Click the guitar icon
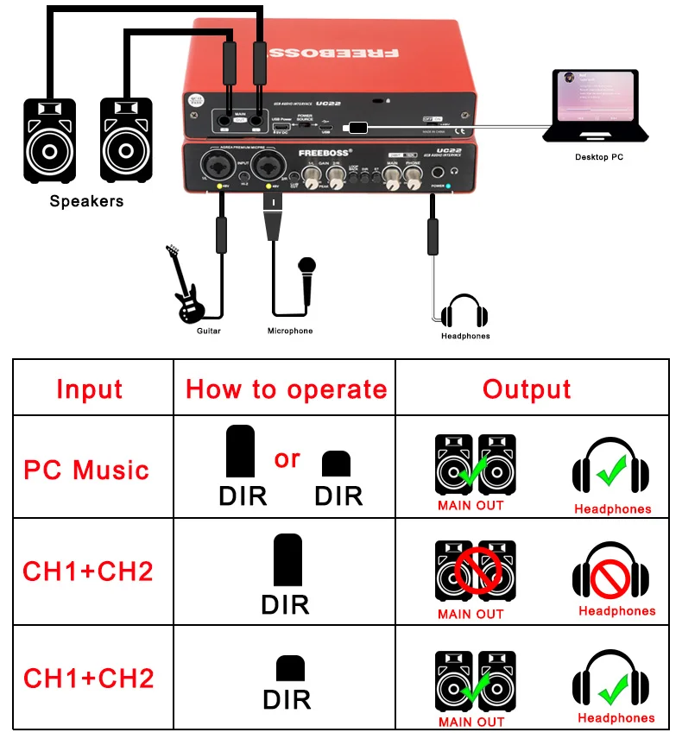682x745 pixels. (x=187, y=285)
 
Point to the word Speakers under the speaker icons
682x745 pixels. (x=86, y=201)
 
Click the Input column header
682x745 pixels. (x=90, y=389)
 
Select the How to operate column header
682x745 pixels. (x=286, y=389)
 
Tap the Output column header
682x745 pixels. (x=527, y=389)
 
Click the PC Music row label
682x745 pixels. (x=86, y=470)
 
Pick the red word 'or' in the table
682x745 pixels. (x=287, y=458)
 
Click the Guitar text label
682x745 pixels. (x=209, y=331)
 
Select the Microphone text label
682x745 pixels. (x=290, y=331)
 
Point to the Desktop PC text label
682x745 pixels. (x=599, y=158)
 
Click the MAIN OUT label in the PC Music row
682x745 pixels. (x=470, y=506)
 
